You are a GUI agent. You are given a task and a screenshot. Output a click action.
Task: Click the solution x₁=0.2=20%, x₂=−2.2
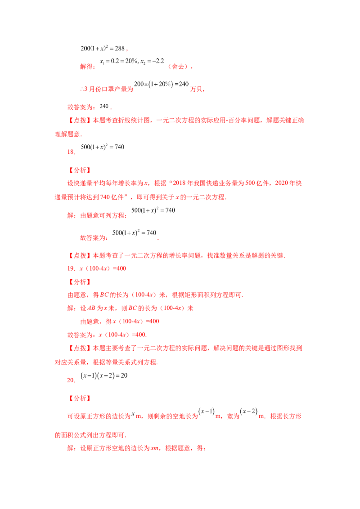(132, 61)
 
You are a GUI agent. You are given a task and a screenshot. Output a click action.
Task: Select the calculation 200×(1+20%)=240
(161, 84)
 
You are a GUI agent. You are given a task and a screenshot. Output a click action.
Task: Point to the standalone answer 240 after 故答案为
(104, 106)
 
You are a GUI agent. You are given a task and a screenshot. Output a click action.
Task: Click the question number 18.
(71, 152)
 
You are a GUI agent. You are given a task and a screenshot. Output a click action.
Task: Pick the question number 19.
(71, 268)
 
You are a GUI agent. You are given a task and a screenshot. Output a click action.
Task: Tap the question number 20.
(71, 380)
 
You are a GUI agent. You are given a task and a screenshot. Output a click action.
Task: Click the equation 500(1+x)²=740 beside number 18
(102, 147)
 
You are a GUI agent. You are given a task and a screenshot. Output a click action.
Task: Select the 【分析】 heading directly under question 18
(80, 170)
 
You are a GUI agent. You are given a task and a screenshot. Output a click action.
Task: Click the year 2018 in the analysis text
(179, 183)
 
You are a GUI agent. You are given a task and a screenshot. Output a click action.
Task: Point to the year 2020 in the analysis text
(281, 183)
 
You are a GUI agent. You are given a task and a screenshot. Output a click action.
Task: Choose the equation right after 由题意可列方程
(153, 210)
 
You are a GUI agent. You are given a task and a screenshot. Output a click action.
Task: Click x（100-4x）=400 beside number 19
(103, 268)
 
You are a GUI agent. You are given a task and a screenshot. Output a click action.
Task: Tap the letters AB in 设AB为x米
(91, 308)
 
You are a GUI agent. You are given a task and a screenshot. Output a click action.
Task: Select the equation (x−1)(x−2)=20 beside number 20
(104, 375)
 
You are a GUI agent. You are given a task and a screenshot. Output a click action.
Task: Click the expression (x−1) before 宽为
(207, 411)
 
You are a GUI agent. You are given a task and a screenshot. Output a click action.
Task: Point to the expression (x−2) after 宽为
(249, 411)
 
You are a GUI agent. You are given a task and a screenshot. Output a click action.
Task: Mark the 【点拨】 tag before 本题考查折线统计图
(80, 121)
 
